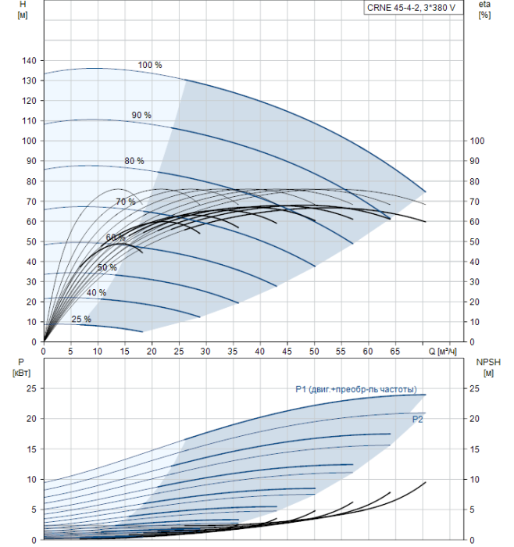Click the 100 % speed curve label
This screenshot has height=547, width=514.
pos(150,65)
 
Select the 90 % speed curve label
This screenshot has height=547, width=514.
pos(141,116)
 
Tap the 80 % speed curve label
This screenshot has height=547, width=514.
pos(134,161)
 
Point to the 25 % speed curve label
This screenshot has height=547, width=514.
pos(81,319)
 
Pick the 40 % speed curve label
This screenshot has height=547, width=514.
pos(97,293)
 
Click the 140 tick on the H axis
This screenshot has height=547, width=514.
pos(30,60)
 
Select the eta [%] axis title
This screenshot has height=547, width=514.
pos(484,10)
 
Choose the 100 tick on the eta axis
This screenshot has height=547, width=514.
pos(479,141)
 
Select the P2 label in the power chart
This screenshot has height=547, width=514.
pos(418,420)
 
